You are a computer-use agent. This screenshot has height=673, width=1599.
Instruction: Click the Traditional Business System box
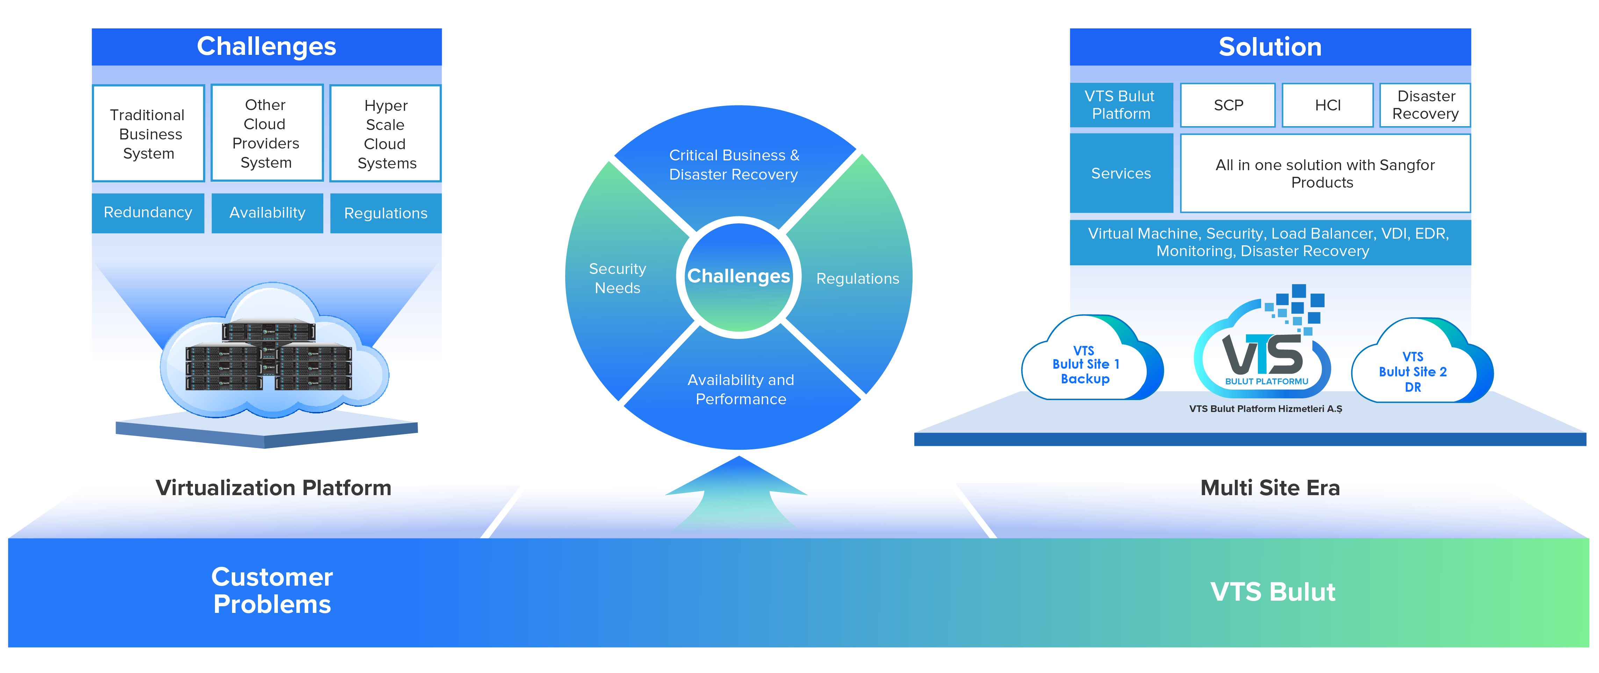[x=148, y=133]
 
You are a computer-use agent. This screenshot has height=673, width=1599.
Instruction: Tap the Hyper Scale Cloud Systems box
[x=386, y=133]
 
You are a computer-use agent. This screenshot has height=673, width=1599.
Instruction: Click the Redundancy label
[x=148, y=212]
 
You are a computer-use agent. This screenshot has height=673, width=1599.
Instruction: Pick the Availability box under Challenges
[x=267, y=213]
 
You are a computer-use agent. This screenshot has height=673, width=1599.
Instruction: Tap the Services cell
[x=1121, y=174]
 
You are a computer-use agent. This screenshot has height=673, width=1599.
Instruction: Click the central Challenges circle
[x=738, y=277]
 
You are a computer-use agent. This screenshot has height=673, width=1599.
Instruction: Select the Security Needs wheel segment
[x=618, y=278]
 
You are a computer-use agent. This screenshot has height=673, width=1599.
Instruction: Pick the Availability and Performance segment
[x=741, y=389]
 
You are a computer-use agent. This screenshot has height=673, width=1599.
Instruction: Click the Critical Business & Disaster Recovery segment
[x=734, y=165]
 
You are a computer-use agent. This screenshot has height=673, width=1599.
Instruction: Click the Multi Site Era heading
[x=1269, y=488]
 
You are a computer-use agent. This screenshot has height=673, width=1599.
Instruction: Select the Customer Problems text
[x=272, y=591]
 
